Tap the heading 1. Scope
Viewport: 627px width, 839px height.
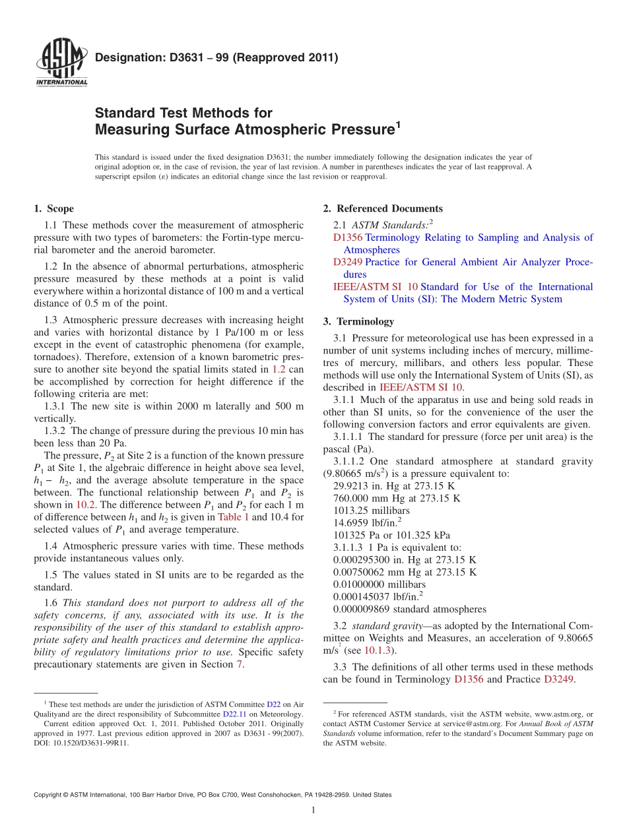click(x=53, y=209)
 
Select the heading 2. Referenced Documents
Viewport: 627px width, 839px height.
click(x=383, y=209)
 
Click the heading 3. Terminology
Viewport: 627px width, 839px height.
click(x=358, y=322)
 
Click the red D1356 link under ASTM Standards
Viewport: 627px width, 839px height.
click(x=348, y=237)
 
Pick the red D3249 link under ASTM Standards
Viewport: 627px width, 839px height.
click(x=348, y=262)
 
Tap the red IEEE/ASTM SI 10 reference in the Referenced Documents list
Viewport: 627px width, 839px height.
click(x=376, y=287)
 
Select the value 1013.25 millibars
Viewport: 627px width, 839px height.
click(x=372, y=511)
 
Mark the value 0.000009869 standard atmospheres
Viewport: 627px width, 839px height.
click(x=410, y=609)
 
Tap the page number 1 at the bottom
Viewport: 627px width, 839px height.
click(x=313, y=811)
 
